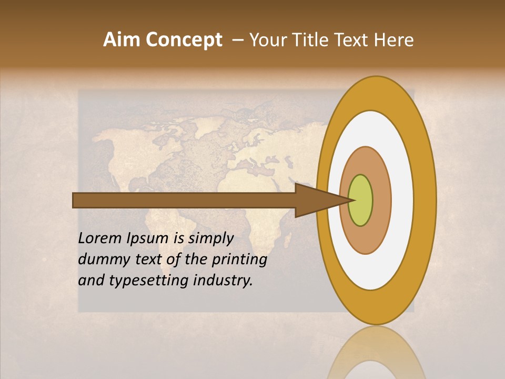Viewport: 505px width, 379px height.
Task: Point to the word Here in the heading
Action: [395, 40]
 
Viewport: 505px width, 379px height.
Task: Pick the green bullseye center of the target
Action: [360, 200]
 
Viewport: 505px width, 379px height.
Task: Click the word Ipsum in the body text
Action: [148, 239]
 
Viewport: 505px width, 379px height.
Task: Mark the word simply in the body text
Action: [210, 239]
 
